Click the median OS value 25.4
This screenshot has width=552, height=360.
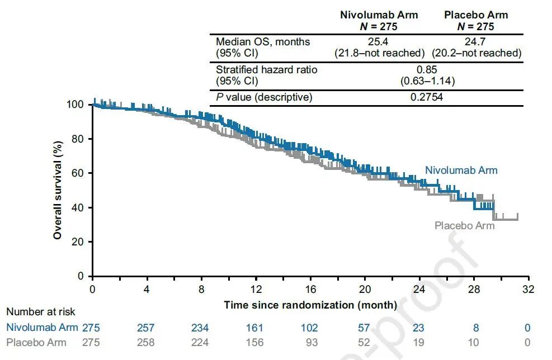pyautogui.click(x=379, y=42)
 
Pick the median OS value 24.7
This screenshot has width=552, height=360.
pyautogui.click(x=476, y=42)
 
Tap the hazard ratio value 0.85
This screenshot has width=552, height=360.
pyautogui.click(x=427, y=70)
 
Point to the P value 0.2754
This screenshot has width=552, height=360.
pyautogui.click(x=427, y=97)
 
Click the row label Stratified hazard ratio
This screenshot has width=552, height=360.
pyautogui.click(x=266, y=70)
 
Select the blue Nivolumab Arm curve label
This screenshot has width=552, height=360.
pyautogui.click(x=461, y=170)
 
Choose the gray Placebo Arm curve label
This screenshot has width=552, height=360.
pyautogui.click(x=464, y=226)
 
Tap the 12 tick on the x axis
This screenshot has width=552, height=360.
pyautogui.click(x=256, y=290)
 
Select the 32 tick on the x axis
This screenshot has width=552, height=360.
pyautogui.click(x=529, y=290)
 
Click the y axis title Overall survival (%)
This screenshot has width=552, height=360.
pyautogui.click(x=58, y=190)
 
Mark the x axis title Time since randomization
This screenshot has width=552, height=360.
pyautogui.click(x=310, y=305)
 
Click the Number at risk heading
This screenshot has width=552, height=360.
pyautogui.click(x=41, y=312)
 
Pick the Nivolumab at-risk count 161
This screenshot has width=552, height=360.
pyautogui.click(x=256, y=328)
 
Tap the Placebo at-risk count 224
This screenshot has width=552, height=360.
pyautogui.click(x=201, y=342)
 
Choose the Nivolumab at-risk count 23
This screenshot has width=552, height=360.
pyautogui.click(x=419, y=328)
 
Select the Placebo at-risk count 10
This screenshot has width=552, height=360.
pyautogui.click(x=474, y=342)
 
